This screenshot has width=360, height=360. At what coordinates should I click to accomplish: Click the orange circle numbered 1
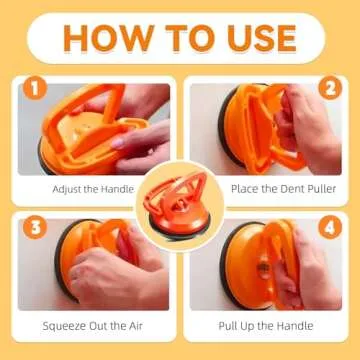pos(35,88)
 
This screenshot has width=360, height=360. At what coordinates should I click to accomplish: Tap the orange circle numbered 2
pos(330,88)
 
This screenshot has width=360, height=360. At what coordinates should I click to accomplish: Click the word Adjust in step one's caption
pos(67,190)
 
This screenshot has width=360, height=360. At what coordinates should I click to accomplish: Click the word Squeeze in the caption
pos(64,326)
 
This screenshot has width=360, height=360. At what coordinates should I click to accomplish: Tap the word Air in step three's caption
pos(135,326)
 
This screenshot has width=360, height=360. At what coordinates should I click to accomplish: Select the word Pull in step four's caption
pos(226,326)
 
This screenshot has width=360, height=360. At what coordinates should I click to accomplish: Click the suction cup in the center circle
pos(177,205)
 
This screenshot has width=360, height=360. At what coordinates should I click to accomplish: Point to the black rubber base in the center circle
pos(179,229)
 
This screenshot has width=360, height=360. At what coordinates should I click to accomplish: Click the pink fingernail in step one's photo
pos(118,143)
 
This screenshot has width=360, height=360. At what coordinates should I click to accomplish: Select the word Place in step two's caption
pos(245,189)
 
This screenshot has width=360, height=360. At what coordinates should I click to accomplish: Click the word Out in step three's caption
pos(98,326)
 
